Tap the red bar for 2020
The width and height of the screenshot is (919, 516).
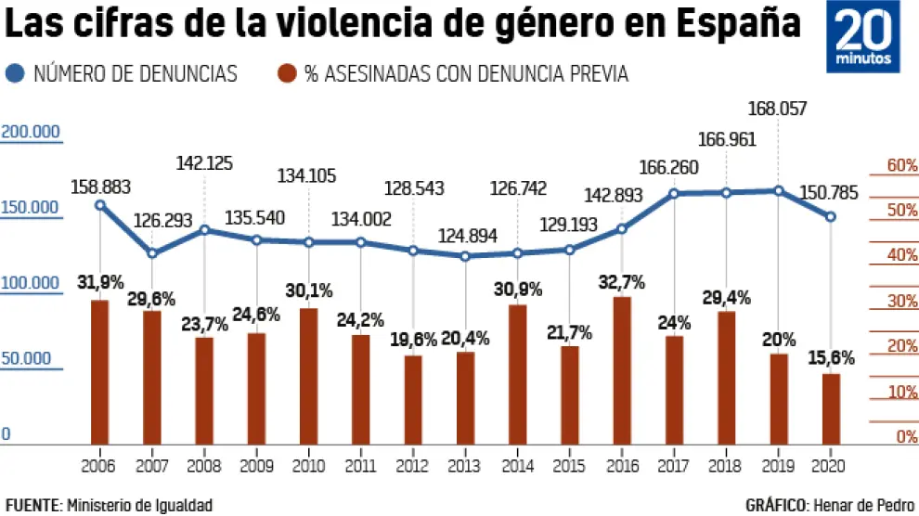pos(831,407)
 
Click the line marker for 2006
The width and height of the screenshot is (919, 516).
pos(100,205)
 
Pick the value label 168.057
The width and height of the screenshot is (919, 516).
pos(779,110)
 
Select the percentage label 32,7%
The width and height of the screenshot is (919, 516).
pos(622,282)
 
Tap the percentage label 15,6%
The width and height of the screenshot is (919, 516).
pos(831,358)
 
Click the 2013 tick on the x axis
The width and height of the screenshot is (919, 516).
pos(465,463)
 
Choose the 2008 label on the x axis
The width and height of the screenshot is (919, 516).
pos(203,463)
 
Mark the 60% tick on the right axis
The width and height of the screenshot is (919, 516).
pos(890,165)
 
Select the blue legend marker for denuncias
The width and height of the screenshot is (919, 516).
pos(16,73)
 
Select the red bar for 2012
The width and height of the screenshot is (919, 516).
pos(413,398)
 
